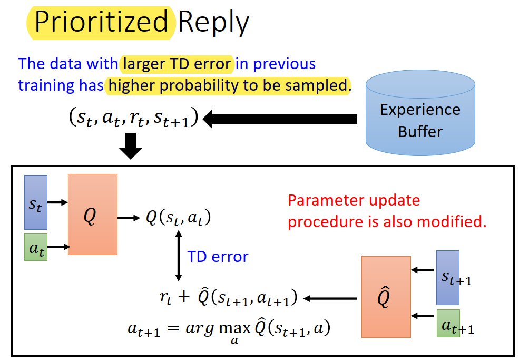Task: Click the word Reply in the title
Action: (x=213, y=23)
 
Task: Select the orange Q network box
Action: (x=92, y=215)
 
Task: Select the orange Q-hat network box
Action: (x=386, y=297)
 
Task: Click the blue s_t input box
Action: (x=36, y=202)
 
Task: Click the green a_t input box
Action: (x=36, y=247)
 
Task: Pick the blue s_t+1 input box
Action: (x=447, y=278)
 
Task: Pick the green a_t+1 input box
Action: (x=448, y=323)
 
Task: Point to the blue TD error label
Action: (x=218, y=257)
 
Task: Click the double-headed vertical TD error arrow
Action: (x=178, y=257)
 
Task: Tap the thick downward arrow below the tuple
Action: (x=131, y=146)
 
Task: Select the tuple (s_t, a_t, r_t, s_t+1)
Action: (x=133, y=118)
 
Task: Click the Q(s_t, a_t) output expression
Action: (x=178, y=218)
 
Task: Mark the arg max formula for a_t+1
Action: (x=229, y=329)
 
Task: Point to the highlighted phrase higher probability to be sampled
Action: (x=227, y=84)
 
